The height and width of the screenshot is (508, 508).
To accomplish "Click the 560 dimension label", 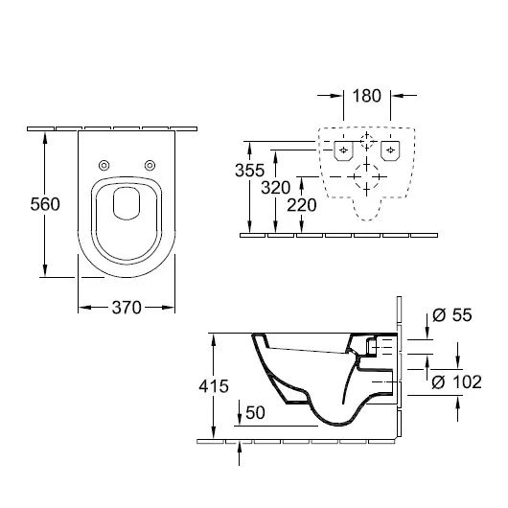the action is click(x=45, y=204).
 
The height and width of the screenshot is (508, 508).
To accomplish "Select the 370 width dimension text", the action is click(x=127, y=308).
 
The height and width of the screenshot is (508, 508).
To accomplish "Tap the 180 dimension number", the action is click(x=366, y=96).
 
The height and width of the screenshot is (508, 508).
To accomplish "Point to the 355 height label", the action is click(x=249, y=170).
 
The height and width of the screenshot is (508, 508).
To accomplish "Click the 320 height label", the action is click(x=276, y=188).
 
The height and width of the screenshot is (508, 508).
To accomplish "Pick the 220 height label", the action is click(x=302, y=205).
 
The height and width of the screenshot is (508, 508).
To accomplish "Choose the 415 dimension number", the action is click(x=214, y=386).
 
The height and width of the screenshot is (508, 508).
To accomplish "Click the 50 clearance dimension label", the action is click(x=255, y=412).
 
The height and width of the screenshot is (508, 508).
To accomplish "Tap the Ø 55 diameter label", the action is click(x=452, y=314).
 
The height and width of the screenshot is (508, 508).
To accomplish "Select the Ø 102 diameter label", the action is click(x=457, y=381).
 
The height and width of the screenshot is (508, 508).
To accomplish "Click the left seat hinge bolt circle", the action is click(x=104, y=166).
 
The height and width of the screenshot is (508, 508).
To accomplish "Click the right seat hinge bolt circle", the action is click(x=150, y=166).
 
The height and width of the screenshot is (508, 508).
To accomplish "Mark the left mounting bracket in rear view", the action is click(x=343, y=150).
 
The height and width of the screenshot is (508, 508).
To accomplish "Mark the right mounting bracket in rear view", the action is click(x=390, y=150).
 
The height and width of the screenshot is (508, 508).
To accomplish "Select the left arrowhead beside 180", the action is click(x=336, y=96).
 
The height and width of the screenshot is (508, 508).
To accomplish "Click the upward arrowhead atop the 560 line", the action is click(x=45, y=138).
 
